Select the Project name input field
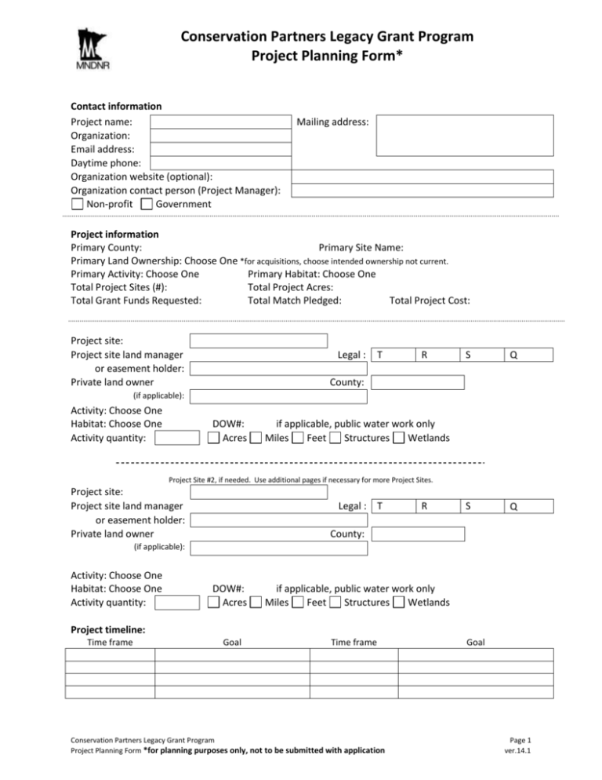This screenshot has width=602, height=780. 220,122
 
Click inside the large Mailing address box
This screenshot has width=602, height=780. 464,135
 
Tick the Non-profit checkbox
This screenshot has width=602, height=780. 77,204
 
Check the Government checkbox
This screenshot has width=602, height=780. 147,204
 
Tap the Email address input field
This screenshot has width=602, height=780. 220,149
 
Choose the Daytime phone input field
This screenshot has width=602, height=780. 220,162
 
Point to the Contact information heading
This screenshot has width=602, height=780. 116,106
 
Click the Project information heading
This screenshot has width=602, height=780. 115,234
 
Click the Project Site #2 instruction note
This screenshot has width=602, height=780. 300,479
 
